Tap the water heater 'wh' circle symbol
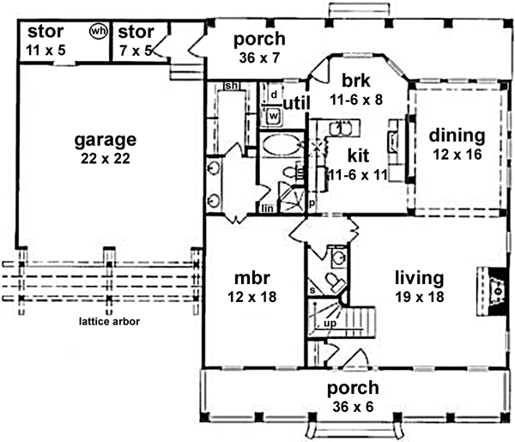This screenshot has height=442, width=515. [99, 32]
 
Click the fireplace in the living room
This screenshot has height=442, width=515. [497, 291]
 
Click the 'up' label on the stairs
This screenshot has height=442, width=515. [330, 324]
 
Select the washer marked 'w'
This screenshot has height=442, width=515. [274, 114]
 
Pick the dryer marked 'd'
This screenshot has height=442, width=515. [273, 93]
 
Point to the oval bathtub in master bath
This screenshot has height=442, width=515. [279, 144]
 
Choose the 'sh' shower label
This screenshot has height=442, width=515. [230, 87]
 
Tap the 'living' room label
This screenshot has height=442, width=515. [419, 278]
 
